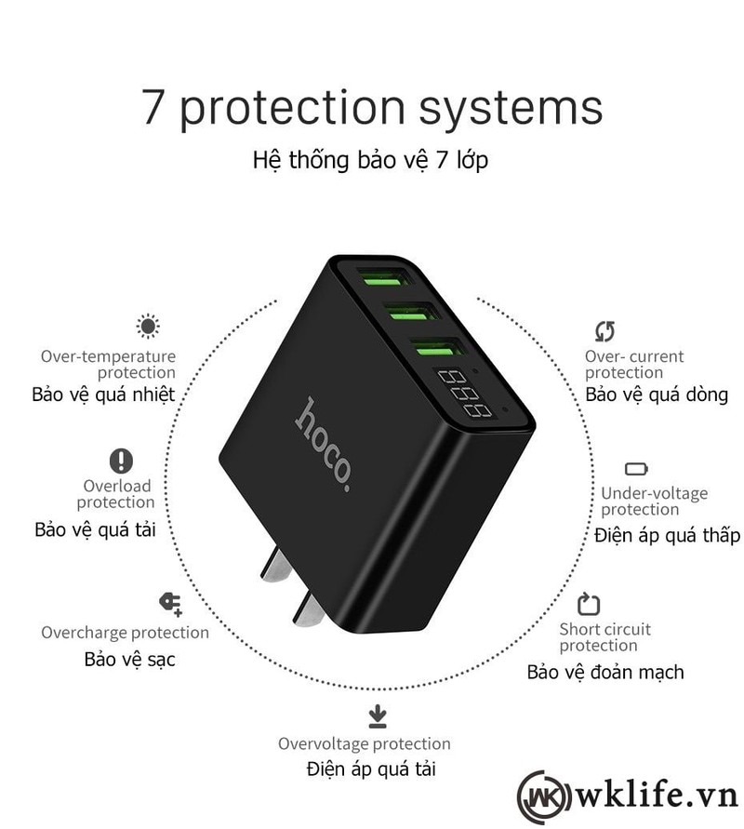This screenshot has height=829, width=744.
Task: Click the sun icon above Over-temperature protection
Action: coord(147,326)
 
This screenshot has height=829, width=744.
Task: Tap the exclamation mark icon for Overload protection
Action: coord(121,461)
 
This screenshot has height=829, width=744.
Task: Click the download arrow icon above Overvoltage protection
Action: coord(377,715)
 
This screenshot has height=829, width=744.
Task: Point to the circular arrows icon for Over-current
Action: coord(604,330)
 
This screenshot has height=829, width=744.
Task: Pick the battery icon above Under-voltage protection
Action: coord(636,469)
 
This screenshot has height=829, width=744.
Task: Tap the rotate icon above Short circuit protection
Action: coord(589,604)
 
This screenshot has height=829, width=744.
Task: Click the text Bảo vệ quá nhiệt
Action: coord(102,394)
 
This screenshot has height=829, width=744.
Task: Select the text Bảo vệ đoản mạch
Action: coord(604,671)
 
